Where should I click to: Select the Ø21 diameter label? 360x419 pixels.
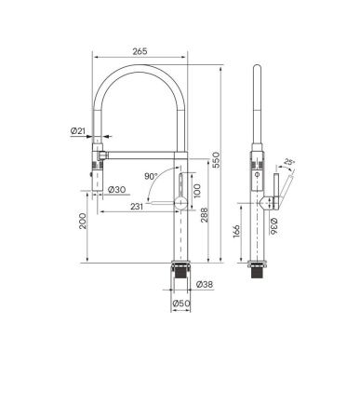click(x=78, y=132)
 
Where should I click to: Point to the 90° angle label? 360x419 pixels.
click(x=151, y=175)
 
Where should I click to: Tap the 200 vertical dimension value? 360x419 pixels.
click(x=84, y=222)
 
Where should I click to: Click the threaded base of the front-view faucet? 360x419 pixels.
click(x=180, y=271)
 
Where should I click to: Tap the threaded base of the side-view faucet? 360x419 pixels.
click(x=260, y=271)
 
